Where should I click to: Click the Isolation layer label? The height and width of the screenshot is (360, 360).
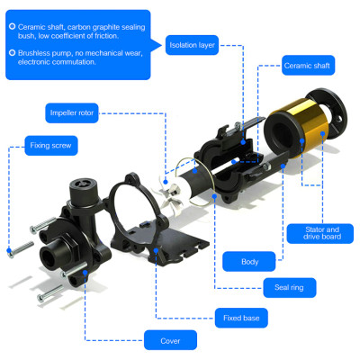click(192, 45)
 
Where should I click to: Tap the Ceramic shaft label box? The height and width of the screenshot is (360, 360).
click(308, 66)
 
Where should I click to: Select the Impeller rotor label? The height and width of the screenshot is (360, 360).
click(72, 113)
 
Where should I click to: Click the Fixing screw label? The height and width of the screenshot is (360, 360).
click(51, 146)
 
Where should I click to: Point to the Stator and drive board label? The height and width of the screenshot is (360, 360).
click(320, 233)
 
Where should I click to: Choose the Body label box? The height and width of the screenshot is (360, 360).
click(249, 262)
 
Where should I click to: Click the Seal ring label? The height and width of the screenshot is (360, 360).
click(290, 288)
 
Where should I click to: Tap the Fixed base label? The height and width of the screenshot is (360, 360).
click(241, 318)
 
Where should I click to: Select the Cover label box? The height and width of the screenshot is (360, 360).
click(170, 340)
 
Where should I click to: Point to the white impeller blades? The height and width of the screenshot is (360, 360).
click(169, 192)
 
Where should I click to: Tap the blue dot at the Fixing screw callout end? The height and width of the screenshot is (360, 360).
click(9, 250)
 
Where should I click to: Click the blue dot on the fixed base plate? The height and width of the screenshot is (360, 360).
click(156, 250)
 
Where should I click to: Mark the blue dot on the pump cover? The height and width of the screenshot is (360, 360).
click(85, 273)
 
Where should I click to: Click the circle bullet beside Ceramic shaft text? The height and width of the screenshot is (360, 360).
click(12, 26)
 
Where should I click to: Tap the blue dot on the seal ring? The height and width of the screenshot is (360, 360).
click(214, 196)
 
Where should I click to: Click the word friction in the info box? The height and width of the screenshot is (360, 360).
click(106, 36)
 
